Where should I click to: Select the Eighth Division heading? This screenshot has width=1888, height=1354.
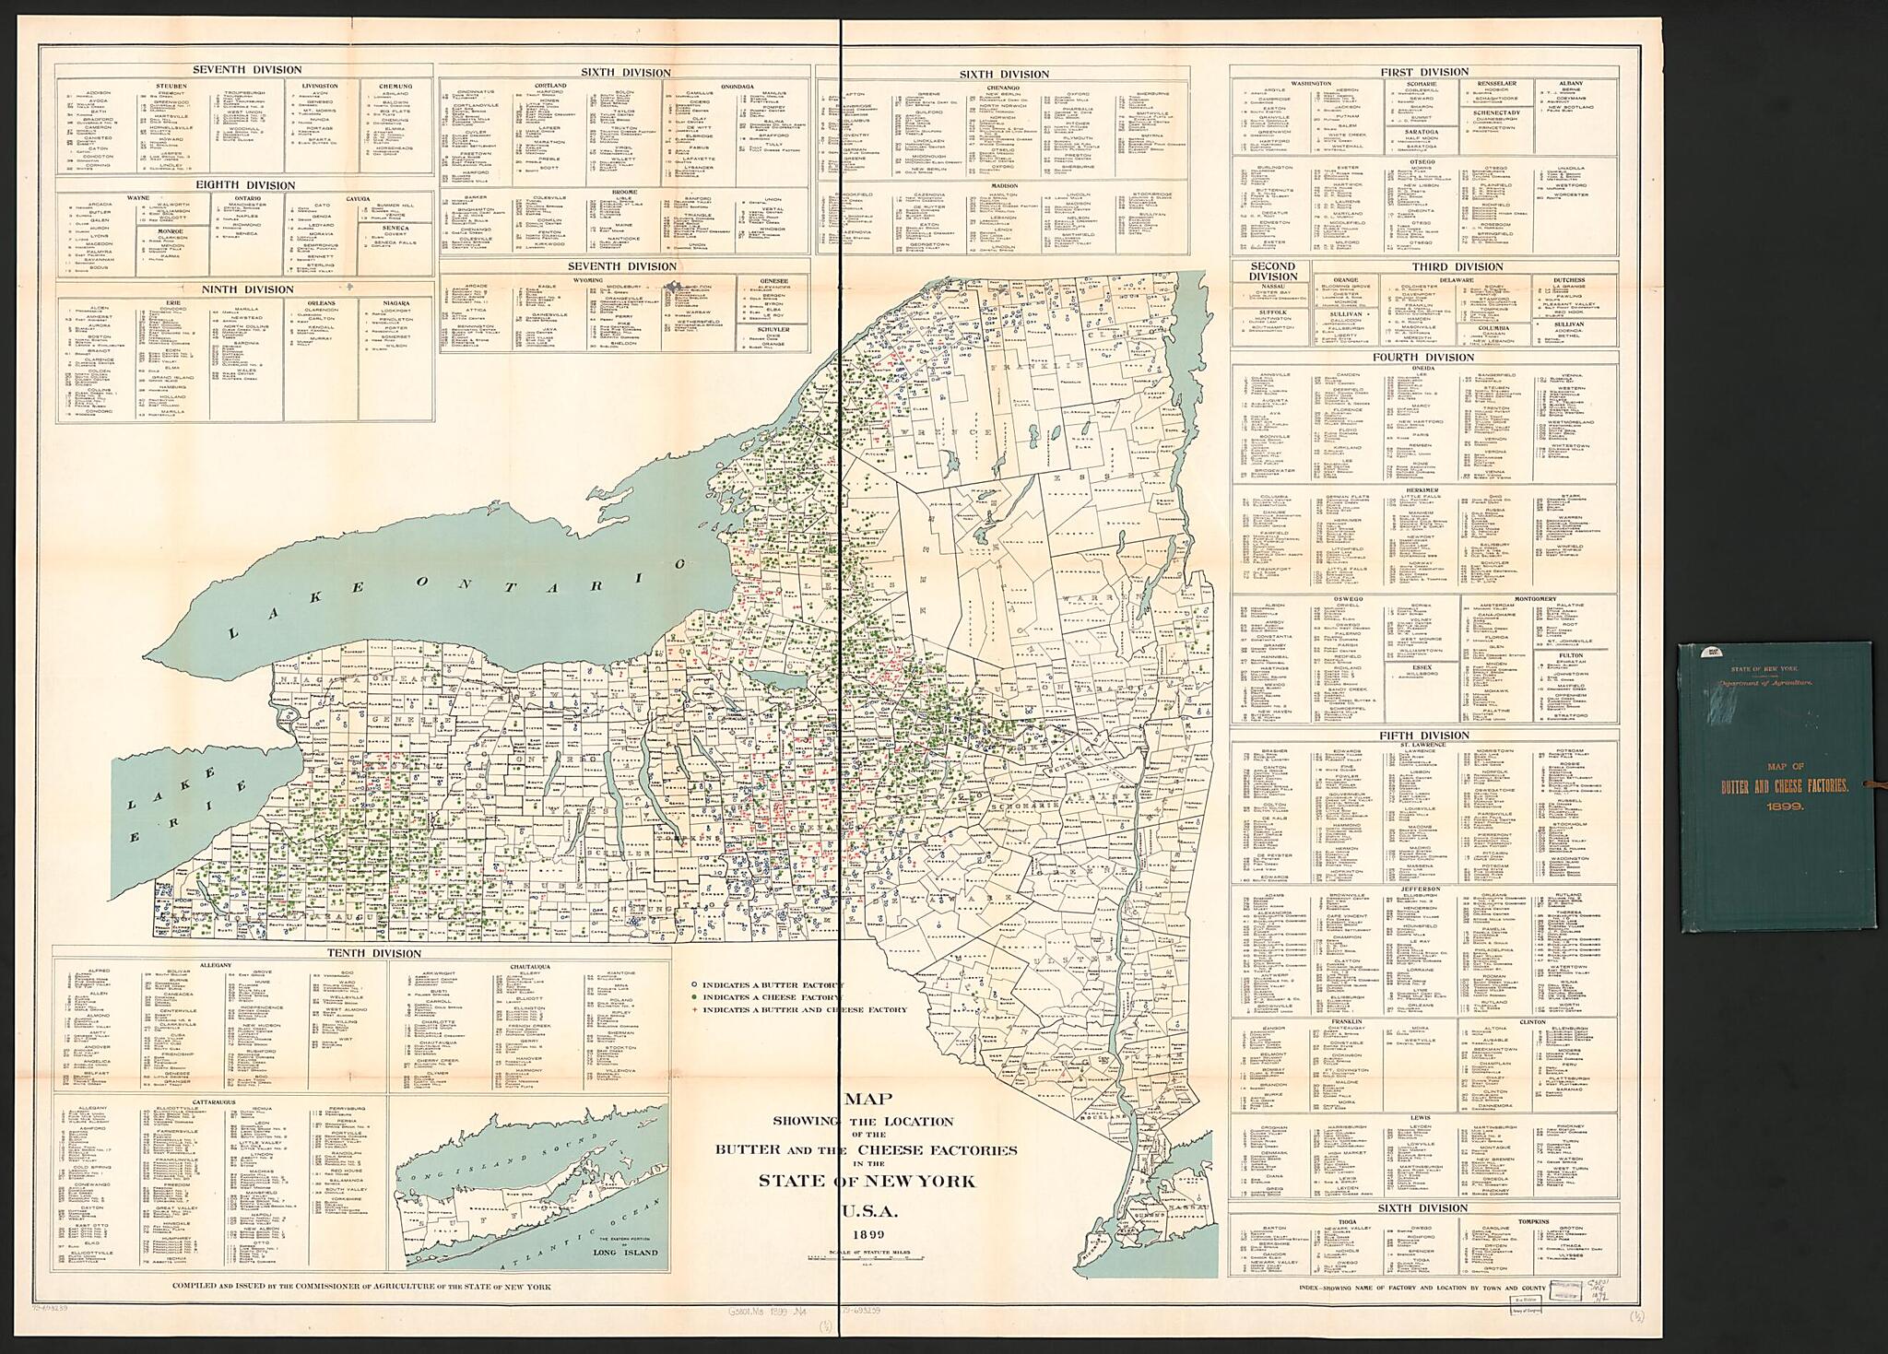point(244,185)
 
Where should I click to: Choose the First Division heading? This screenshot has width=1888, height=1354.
point(1424,72)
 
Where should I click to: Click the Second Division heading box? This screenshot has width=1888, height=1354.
point(1272,271)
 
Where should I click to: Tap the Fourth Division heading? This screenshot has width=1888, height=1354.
point(1423,358)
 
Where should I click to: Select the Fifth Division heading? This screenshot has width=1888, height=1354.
point(1423,736)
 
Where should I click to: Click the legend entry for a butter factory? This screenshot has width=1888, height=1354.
point(767,984)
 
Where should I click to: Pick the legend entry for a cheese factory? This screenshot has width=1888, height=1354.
point(767,997)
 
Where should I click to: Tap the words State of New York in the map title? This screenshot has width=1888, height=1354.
point(867,1182)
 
